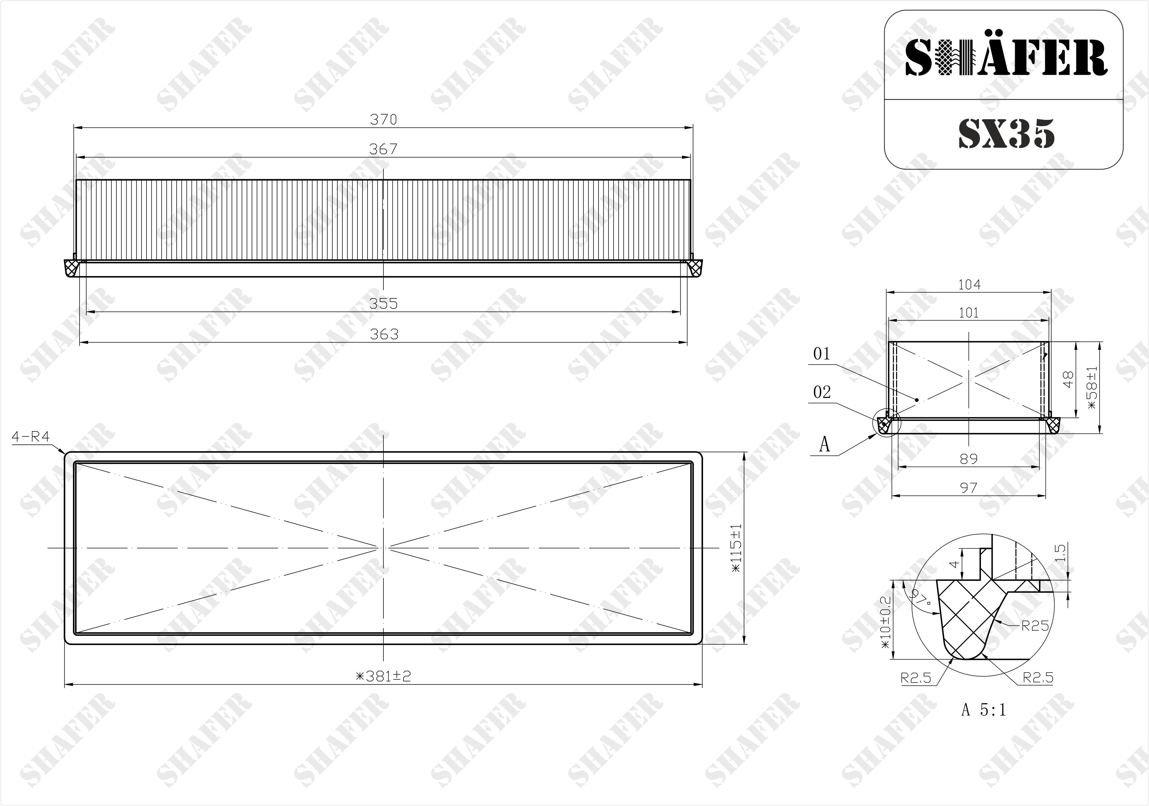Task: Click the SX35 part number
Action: pyautogui.click(x=1006, y=133)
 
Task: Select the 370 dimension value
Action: pyautogui.click(x=383, y=120)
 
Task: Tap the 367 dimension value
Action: pyautogui.click(x=383, y=149)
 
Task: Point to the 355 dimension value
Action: pyautogui.click(x=383, y=304)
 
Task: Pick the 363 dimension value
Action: pyautogui.click(x=384, y=334)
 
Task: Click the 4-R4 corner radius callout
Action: pyautogui.click(x=30, y=436)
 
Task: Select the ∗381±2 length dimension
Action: pyautogui.click(x=383, y=676)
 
